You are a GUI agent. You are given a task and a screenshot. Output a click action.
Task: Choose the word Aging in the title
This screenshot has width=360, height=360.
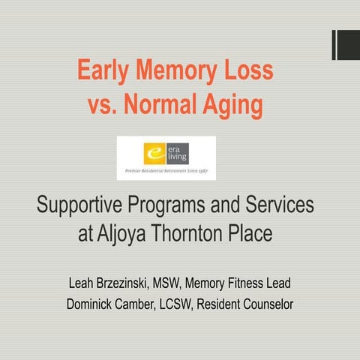[x=234, y=106]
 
